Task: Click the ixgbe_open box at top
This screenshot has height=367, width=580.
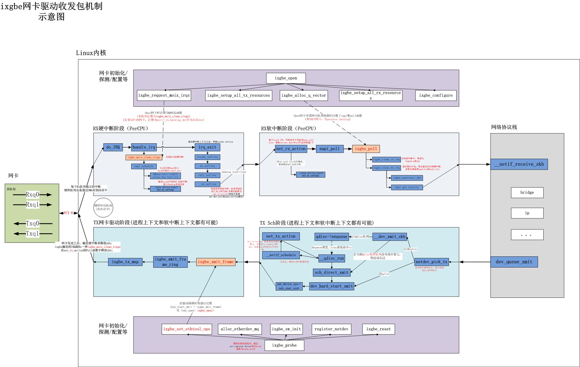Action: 286,78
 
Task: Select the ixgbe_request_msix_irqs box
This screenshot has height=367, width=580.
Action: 164,95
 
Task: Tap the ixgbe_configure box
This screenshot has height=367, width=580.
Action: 436,95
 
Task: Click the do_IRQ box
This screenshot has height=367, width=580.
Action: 113,147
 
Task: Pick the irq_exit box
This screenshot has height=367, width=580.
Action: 207,147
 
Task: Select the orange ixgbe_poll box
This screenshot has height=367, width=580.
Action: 366,149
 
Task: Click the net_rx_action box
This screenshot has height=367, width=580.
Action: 291,149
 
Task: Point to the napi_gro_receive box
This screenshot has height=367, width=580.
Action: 407,187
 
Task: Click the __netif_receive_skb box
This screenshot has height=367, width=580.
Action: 519,164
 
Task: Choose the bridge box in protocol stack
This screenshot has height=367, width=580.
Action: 527,193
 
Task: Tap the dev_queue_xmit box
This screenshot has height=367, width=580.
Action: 514,262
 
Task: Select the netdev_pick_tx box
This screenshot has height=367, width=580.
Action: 431,262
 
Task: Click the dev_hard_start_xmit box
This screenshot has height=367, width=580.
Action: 332,286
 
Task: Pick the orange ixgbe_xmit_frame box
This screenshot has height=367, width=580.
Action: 216,262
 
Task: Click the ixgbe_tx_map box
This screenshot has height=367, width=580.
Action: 125,262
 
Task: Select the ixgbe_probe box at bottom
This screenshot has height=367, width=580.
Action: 284,345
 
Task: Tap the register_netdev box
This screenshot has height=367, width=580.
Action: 331,329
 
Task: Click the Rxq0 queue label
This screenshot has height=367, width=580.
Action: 33,194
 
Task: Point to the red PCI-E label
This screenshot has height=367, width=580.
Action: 68,213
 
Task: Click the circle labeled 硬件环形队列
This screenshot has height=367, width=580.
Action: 103,208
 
